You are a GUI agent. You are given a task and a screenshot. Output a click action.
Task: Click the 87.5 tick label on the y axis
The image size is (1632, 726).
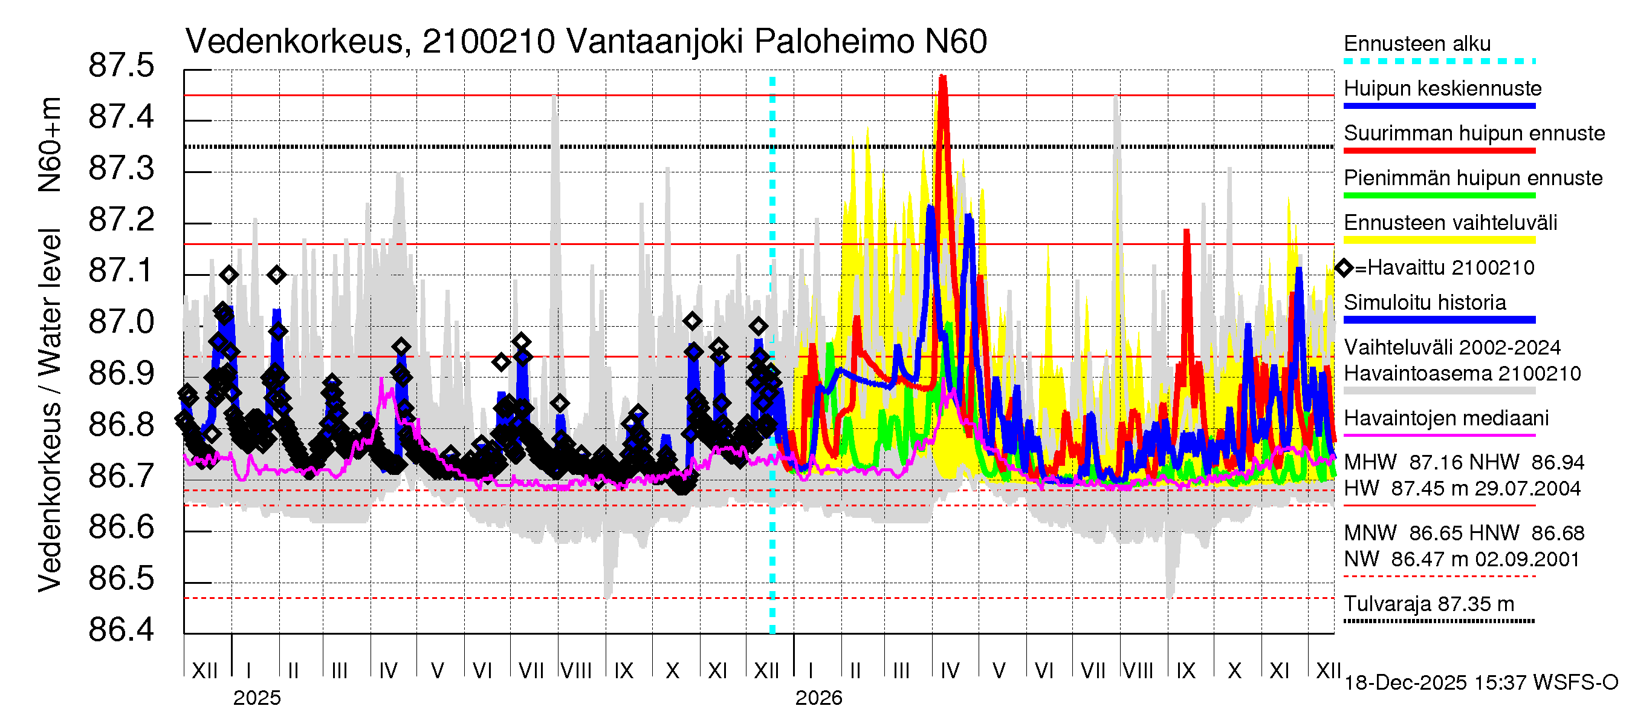121,66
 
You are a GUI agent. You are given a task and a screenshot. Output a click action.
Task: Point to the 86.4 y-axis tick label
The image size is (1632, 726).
121,630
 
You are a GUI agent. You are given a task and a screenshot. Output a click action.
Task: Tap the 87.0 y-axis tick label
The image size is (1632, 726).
121,322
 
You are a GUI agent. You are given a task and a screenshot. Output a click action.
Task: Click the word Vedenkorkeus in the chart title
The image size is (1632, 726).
294,42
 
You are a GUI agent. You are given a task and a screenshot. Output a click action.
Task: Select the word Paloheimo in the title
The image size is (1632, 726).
834,42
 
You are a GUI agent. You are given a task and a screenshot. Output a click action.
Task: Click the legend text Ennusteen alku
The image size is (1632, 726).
1417,44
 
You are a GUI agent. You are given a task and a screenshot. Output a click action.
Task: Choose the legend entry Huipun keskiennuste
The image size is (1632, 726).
1442,88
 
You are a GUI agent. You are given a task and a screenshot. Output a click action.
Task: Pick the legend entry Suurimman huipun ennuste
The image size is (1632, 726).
1474,133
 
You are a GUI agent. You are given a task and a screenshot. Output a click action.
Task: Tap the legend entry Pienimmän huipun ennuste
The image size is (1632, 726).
1472,178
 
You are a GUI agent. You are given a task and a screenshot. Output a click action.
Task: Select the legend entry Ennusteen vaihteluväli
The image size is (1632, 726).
1450,223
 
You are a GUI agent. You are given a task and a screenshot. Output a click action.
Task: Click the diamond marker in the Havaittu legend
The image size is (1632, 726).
1344,268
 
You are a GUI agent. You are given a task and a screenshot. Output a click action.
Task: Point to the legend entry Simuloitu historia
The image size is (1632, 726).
1424,302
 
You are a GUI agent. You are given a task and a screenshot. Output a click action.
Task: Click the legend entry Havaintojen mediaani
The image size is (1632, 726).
1446,419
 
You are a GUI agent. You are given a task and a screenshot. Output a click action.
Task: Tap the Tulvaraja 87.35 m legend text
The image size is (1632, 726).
1429,604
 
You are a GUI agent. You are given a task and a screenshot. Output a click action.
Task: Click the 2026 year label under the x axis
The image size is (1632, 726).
818,698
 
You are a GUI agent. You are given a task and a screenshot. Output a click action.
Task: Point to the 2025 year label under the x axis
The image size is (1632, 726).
256,698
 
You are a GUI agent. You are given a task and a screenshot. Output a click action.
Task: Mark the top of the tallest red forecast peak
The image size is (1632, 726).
943,76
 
